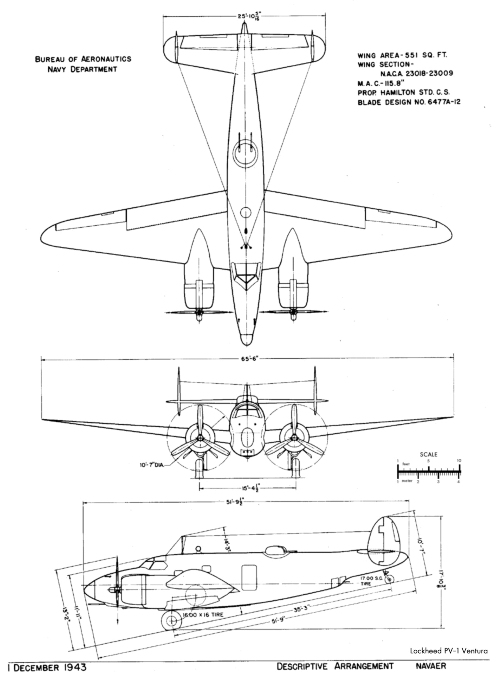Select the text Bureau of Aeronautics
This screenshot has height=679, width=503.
pos(83,59)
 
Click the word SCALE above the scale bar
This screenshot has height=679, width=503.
pos(428,455)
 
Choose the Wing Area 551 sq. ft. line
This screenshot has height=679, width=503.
pos(402,55)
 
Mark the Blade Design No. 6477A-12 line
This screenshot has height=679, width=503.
pos(409,102)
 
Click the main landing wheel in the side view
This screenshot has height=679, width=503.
pos(171,620)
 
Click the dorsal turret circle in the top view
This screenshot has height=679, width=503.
pos(245,153)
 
